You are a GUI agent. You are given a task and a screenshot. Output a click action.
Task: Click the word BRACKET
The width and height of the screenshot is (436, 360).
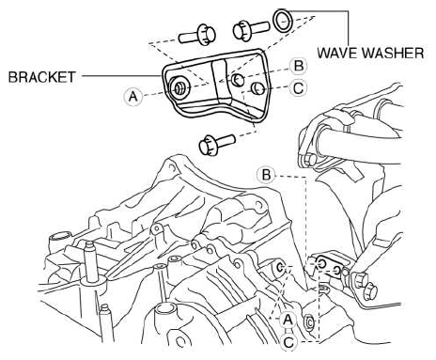click(x=41, y=77)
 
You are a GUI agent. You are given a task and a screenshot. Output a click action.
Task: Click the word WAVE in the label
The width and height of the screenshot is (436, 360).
click(x=337, y=53)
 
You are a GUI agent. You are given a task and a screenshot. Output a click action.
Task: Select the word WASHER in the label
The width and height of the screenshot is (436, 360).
click(x=393, y=53)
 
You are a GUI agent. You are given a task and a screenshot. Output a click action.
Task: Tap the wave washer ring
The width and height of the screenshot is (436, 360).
click(x=283, y=21)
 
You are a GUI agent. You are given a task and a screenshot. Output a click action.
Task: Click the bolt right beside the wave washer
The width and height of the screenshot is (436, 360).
click(x=251, y=29)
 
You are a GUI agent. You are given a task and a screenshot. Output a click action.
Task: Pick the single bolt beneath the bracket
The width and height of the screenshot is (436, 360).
click(x=217, y=145)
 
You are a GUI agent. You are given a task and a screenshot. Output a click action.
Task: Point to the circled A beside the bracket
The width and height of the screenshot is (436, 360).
click(x=132, y=96)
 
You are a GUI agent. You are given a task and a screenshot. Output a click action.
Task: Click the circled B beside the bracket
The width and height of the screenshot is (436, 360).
click(x=298, y=67)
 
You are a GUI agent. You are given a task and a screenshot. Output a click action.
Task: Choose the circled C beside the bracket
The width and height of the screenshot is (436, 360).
click(x=298, y=88)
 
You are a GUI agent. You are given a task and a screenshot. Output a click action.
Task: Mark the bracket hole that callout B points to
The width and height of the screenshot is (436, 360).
click(x=238, y=80)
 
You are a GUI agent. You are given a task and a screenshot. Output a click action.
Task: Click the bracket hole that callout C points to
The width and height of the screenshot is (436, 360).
click(x=258, y=87)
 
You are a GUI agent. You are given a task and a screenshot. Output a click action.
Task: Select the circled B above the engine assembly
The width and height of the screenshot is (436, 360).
click(x=266, y=175)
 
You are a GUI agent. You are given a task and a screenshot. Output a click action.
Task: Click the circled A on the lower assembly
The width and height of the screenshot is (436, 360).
click(x=288, y=320)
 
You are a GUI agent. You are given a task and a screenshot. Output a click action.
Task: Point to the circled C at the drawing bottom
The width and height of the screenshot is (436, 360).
click(x=288, y=342)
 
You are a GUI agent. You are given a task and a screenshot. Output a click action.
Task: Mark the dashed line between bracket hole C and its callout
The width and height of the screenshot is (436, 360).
click(x=276, y=87)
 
